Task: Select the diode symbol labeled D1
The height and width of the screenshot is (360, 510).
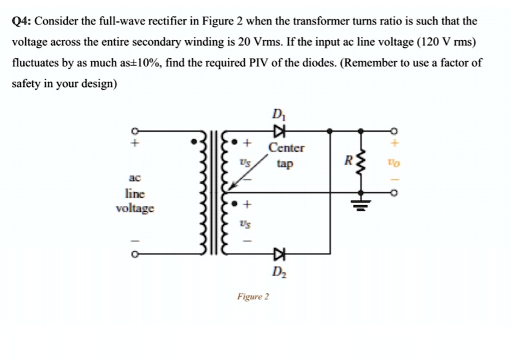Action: [279, 131]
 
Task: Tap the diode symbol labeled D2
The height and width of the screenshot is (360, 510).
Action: [279, 252]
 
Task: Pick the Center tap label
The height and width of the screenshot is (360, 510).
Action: [287, 155]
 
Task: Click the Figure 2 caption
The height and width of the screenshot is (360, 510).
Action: [253, 297]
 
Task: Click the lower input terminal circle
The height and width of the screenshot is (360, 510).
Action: [136, 254]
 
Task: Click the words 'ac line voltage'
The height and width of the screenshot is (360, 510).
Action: [135, 193]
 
